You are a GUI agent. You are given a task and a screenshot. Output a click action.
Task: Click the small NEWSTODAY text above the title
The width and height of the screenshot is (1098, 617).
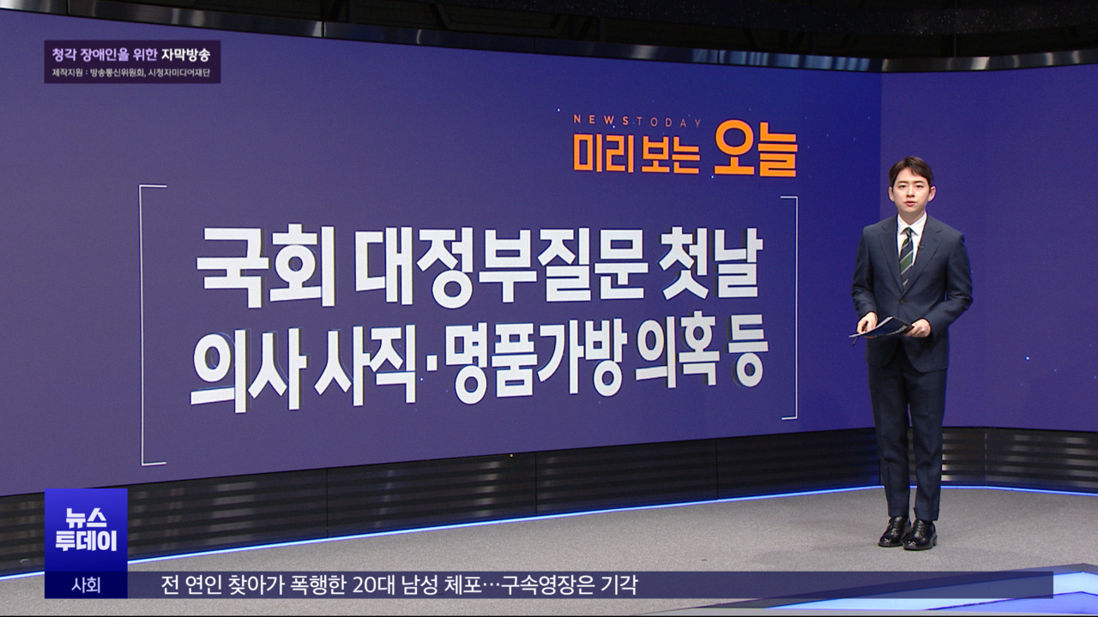[x=637, y=121]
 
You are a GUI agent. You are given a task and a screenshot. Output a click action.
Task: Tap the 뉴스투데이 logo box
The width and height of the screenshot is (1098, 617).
[x=86, y=530]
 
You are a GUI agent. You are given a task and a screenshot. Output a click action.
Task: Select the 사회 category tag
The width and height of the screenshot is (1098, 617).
[x=86, y=585]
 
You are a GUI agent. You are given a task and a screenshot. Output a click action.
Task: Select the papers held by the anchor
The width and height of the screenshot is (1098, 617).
[x=882, y=327]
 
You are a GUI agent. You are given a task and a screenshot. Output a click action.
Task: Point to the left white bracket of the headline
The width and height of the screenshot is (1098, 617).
[x=146, y=326]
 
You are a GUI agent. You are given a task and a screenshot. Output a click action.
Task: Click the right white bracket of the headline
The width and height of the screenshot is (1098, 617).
[x=792, y=308]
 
